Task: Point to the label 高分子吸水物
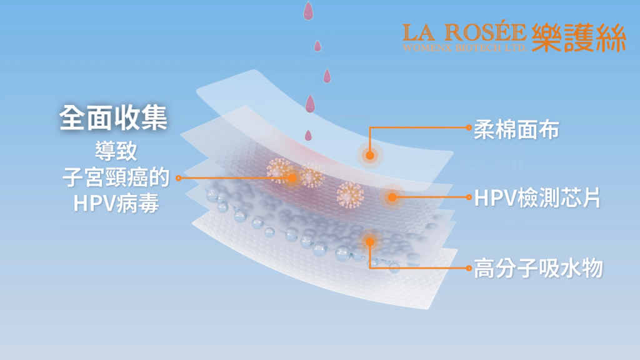(538, 268)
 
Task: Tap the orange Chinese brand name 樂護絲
(578, 37)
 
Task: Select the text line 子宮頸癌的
(116, 177)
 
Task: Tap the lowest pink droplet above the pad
(307, 134)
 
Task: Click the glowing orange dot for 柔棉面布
(369, 155)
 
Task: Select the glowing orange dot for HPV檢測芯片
(392, 197)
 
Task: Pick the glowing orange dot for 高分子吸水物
(370, 241)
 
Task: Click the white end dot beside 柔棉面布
(469, 127)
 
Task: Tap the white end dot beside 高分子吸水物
(469, 268)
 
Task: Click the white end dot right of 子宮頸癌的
(179, 177)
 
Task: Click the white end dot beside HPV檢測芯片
(469, 197)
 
